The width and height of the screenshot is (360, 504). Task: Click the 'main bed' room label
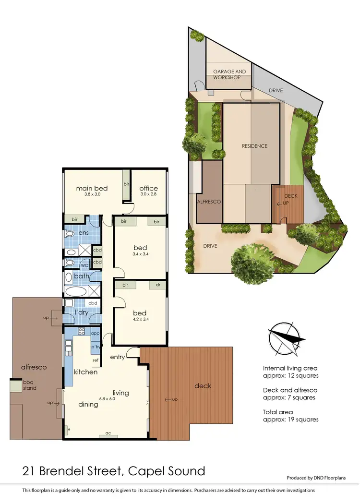click(x=92, y=188)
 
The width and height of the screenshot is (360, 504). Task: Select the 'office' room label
click(x=148, y=188)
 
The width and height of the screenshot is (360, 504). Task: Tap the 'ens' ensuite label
click(x=84, y=233)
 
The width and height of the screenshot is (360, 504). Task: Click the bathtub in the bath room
click(x=77, y=291)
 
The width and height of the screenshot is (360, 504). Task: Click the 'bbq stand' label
click(x=29, y=385)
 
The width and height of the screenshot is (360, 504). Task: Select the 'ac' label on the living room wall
click(x=108, y=433)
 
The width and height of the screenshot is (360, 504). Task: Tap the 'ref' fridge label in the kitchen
click(x=96, y=360)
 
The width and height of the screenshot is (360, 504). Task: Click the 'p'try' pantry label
click(x=95, y=346)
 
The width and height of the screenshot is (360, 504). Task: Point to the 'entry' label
click(x=118, y=357)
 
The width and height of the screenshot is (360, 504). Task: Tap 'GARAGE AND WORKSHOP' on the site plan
click(x=229, y=74)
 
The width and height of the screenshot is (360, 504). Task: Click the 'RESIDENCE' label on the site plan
click(x=254, y=146)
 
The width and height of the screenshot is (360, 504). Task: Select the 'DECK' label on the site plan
click(x=291, y=196)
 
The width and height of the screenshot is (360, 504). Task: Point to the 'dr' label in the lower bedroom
click(x=157, y=285)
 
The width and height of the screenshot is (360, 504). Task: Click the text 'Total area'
click(x=278, y=412)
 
